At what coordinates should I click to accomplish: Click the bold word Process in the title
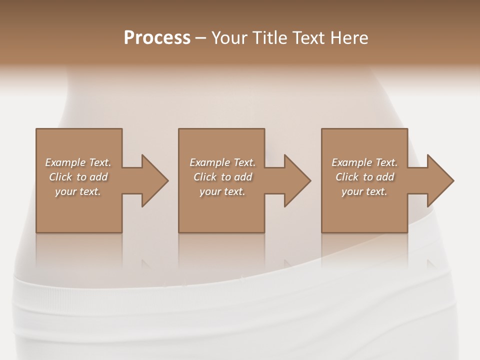[x=157, y=37]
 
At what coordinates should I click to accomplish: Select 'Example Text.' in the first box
[x=78, y=162]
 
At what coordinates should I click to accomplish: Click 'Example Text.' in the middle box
[x=222, y=162]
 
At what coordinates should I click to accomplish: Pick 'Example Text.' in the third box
[x=364, y=162]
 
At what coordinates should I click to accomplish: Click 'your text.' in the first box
[x=78, y=191]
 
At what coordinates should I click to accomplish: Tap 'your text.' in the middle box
[x=222, y=191]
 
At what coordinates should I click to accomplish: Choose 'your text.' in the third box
[x=364, y=191]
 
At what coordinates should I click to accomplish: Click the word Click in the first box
[x=60, y=177]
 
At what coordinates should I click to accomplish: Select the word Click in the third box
[x=347, y=177]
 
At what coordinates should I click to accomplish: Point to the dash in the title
[x=200, y=38]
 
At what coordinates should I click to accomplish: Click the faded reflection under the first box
[x=78, y=250]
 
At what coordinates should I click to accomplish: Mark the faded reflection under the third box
[x=364, y=250]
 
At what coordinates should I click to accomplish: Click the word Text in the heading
[x=309, y=37]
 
